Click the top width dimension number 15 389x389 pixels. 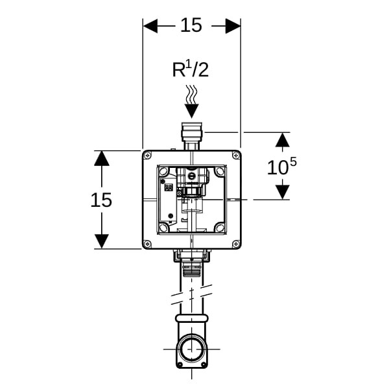pos(191,25)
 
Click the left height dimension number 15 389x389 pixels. pos(101,200)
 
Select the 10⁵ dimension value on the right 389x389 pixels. pos(281,167)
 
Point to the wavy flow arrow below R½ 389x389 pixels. pos(191,97)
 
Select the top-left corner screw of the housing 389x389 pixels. pos(148,156)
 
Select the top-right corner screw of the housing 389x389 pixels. pos(235,156)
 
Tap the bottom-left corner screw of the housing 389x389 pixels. pos(148,244)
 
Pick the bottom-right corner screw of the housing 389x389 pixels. pos(235,244)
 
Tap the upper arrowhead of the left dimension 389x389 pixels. pos(102,158)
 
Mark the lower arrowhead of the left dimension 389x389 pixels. pos(102,241)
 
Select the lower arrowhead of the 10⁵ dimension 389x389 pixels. pos(282,192)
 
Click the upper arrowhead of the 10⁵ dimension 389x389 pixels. pos(282,140)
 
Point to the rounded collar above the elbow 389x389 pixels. pos(191,320)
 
